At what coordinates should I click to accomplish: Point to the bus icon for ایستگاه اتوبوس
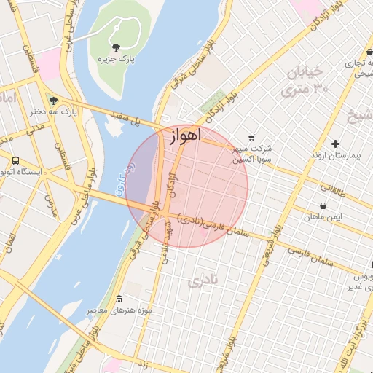[15, 161]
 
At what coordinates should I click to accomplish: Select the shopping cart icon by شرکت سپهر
[251, 137]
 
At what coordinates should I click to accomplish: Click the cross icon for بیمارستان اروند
[335, 144]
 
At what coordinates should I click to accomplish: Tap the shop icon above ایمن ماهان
[323, 205]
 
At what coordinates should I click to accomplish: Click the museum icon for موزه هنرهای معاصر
[119, 299]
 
